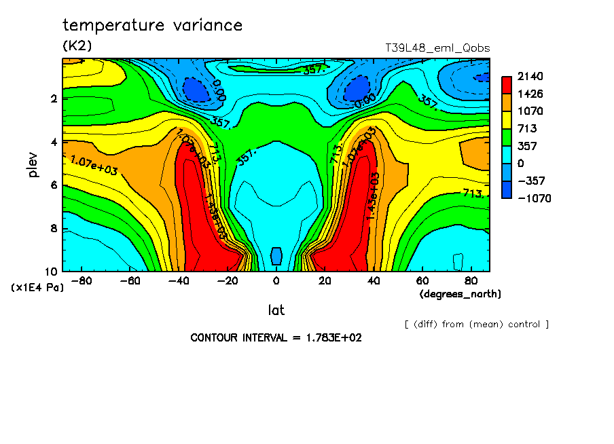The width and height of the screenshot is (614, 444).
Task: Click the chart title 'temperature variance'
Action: pos(152,26)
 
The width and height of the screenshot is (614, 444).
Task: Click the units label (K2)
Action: pos(77,45)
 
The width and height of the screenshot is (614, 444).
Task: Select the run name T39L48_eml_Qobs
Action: pos(437,48)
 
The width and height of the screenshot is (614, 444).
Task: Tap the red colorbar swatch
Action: pos(507,85)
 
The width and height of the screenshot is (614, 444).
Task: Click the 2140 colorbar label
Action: pos(530,76)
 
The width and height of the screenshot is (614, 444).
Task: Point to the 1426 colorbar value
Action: pos(530,94)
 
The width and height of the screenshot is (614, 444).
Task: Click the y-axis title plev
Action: pos(33,164)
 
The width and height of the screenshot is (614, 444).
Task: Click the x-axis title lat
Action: pos(276,310)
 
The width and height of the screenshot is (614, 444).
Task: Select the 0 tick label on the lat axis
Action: pos(276,280)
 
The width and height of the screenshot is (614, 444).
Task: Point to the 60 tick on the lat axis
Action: pos(421,280)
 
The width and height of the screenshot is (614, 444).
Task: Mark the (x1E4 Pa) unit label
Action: pos(37,288)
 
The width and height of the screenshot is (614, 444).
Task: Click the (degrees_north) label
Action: pos(460,294)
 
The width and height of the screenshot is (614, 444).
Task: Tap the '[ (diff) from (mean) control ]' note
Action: pos(476,324)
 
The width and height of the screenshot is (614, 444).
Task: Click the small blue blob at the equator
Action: pos(276,256)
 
